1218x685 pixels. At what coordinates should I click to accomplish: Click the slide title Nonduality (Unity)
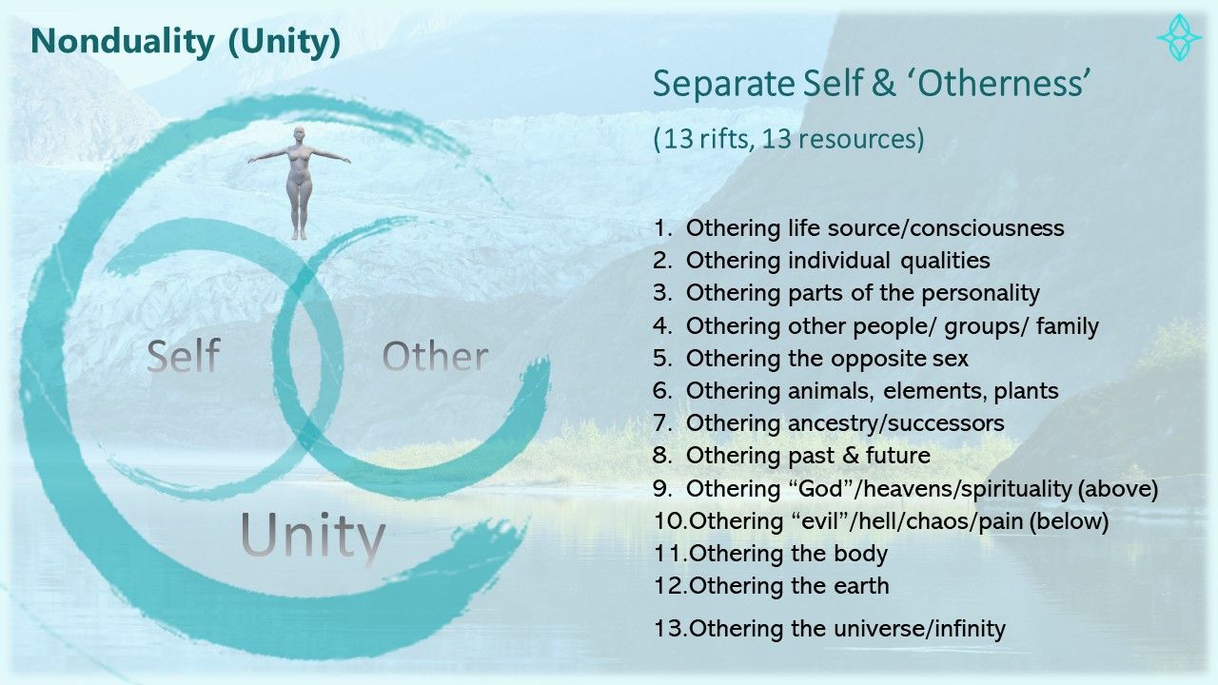coord(186,42)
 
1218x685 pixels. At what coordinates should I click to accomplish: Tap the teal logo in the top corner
coord(1179,37)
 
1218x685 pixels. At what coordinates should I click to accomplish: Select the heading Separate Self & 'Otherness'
coord(872,85)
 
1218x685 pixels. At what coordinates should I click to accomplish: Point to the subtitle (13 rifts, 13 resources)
coord(789,139)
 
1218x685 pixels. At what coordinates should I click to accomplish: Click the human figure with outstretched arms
coord(299,183)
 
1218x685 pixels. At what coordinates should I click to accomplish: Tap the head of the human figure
coord(299,134)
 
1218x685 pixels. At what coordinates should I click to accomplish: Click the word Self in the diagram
coord(184,356)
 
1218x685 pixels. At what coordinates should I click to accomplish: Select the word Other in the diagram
coord(435,357)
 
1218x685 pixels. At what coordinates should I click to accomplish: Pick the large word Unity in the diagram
coord(313,536)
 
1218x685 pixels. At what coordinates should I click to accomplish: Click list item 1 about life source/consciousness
coord(858,228)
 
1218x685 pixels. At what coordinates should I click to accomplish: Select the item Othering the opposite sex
coord(810,359)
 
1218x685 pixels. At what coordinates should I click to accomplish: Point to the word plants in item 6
coord(1026,391)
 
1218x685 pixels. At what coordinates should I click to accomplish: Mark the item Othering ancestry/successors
coord(828,423)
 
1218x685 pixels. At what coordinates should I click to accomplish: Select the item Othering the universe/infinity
coord(829,629)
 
